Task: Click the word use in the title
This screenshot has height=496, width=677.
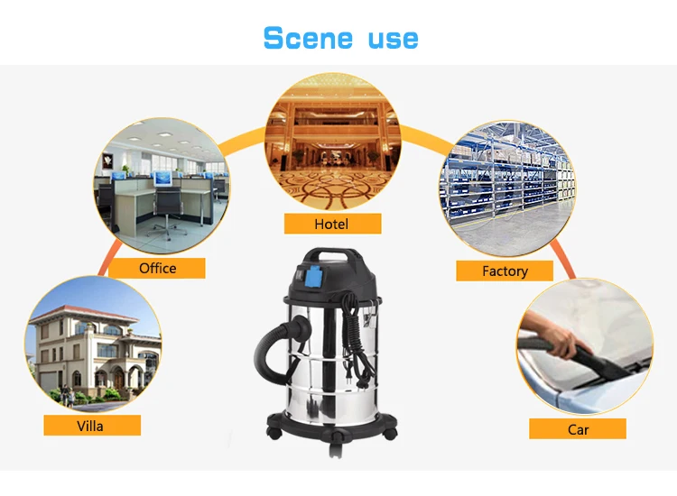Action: (393, 40)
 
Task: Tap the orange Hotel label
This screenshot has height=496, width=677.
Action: (332, 224)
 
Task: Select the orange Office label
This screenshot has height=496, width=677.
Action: (157, 268)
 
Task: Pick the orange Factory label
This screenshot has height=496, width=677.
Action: (505, 271)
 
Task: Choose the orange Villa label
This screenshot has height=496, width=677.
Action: (91, 426)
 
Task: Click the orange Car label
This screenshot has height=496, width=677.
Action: (578, 429)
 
